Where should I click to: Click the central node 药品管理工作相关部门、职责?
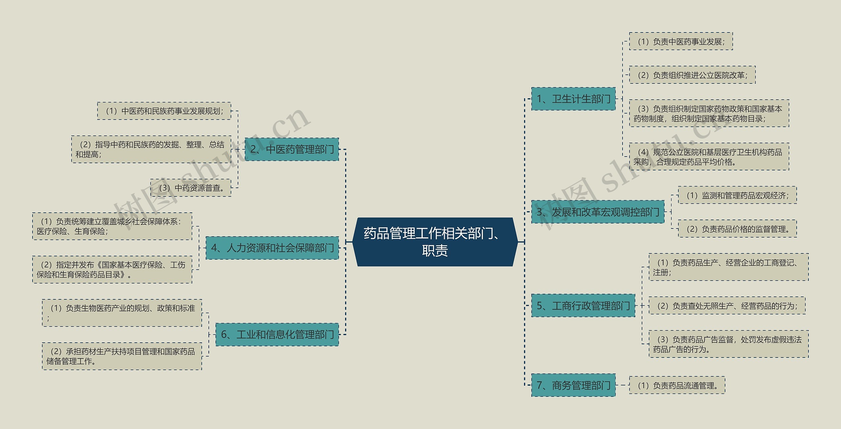[435, 242]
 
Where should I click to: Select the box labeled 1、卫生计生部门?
[573, 99]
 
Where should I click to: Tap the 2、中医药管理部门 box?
[292, 149]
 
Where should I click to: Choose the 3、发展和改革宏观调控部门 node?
[598, 212]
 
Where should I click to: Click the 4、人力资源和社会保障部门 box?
[272, 248]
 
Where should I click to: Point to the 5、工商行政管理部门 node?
[583, 306]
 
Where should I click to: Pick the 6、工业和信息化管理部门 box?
[277, 334]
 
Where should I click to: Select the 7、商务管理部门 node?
[573, 385]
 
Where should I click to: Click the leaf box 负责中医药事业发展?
[681, 41]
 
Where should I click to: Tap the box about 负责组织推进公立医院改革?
[692, 75]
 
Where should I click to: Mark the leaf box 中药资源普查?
[191, 188]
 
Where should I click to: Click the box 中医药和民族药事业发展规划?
[164, 111]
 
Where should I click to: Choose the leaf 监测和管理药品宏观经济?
[737, 195]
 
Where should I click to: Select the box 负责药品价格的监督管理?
[737, 229]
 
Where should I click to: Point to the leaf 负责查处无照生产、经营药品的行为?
[727, 306]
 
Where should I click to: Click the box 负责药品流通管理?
[677, 385]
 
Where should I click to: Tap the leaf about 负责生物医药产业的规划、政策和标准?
[122, 313]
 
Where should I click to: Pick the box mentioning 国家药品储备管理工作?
[122, 356]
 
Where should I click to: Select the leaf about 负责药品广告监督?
[728, 344]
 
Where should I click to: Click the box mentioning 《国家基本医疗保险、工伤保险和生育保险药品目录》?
[112, 269]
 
